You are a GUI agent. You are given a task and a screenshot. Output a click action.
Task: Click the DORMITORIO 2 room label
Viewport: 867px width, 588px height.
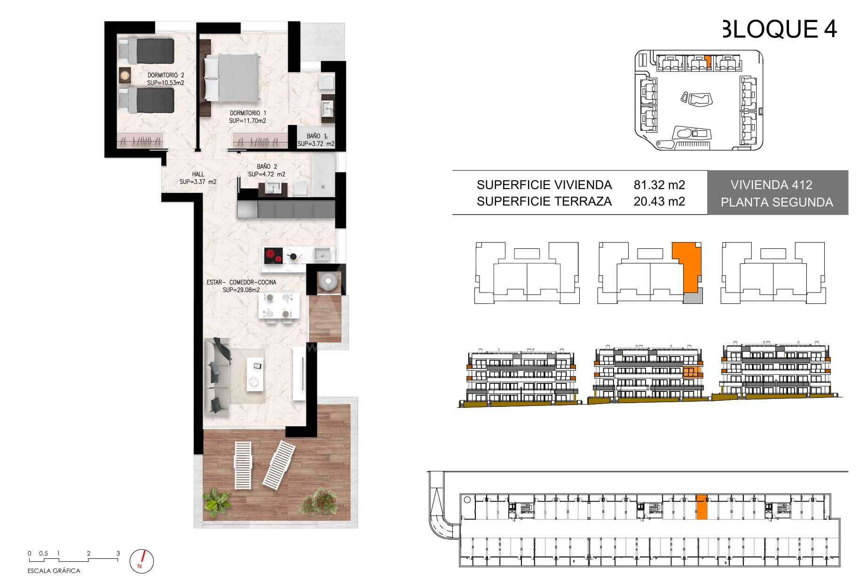pos(166,79)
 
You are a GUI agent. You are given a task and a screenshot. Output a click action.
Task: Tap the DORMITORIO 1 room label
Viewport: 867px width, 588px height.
pos(248,117)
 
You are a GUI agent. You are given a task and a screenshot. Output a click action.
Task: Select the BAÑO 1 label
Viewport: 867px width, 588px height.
pos(316,140)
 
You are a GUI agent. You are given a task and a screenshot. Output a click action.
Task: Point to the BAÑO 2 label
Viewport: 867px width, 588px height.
pos(267,170)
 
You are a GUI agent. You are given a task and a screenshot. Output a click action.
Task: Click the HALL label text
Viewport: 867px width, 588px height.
pos(198,178)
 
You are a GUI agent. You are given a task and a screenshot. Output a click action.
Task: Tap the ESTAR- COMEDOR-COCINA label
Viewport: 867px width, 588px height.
pos(241,286)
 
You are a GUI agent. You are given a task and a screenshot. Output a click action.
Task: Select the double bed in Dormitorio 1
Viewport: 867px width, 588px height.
pos(232,78)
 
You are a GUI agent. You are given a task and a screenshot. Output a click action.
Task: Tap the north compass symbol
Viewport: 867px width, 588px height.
pos(141,561)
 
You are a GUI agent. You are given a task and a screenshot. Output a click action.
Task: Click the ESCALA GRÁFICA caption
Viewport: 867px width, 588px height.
pos(54,571)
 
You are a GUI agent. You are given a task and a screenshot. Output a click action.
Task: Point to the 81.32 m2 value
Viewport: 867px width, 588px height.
pos(659,185)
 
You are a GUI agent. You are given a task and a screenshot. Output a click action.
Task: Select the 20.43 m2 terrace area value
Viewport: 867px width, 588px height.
pos(659,201)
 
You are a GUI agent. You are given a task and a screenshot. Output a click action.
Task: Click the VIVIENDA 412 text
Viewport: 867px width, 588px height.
pos(772,185)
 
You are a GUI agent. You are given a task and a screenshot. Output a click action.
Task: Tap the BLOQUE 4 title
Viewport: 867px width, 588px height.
pos(780,29)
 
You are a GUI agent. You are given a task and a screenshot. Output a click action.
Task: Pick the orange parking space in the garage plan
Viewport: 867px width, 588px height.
pos(701,507)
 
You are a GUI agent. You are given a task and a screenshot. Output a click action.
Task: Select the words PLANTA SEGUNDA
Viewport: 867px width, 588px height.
pos(777,202)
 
